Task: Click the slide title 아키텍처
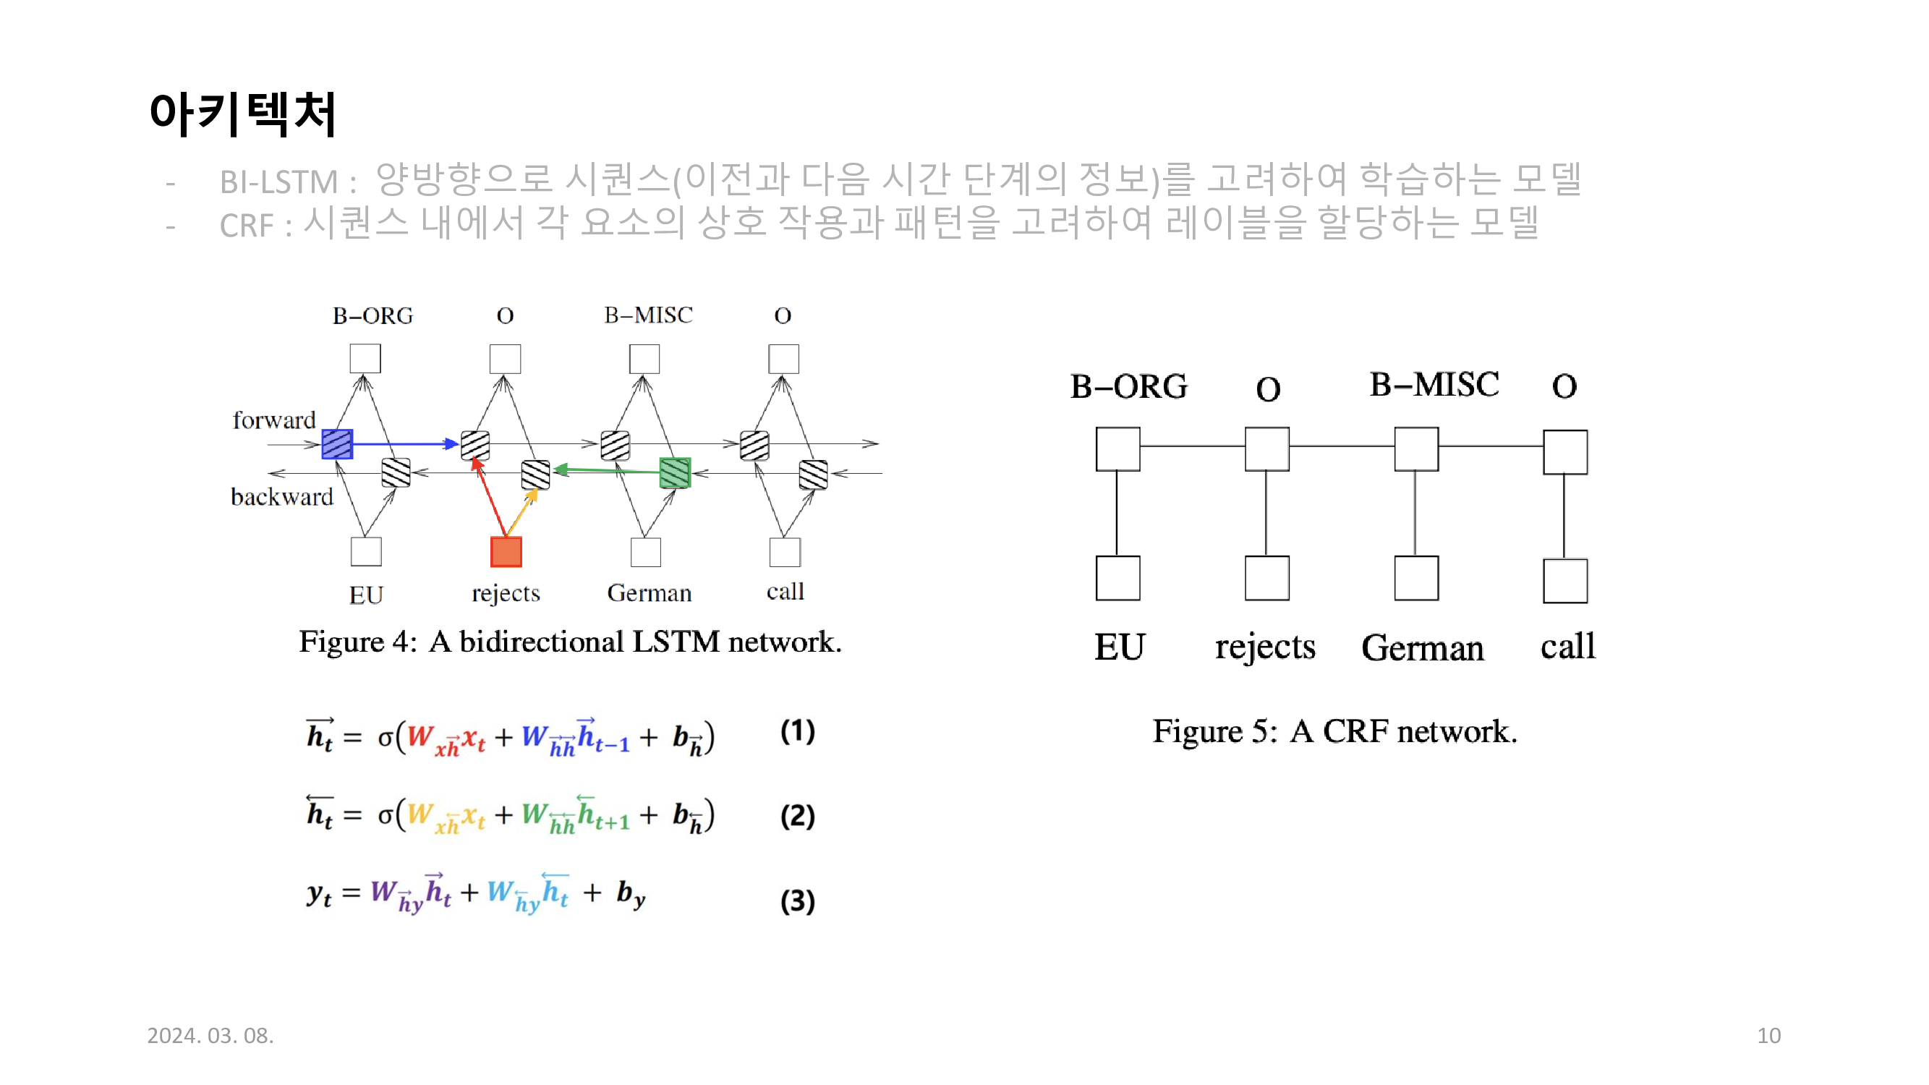pyautogui.click(x=242, y=114)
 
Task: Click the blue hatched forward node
pyautogui.click(x=337, y=444)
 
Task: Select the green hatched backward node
pyautogui.click(x=675, y=472)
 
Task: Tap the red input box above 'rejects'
pyautogui.click(x=506, y=552)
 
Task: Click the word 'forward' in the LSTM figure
pyautogui.click(x=274, y=420)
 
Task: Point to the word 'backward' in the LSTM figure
pyautogui.click(x=281, y=497)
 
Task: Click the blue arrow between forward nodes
pyautogui.click(x=404, y=444)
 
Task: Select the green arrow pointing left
pyautogui.click(x=607, y=470)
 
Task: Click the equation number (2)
pyautogui.click(x=798, y=815)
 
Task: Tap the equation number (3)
pyautogui.click(x=798, y=901)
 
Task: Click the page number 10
pyautogui.click(x=1768, y=1036)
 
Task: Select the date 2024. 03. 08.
pyautogui.click(x=210, y=1036)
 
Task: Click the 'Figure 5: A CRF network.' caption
pyautogui.click(x=1334, y=731)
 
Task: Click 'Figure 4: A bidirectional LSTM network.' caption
pyautogui.click(x=571, y=642)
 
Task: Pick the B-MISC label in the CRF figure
pyautogui.click(x=1434, y=385)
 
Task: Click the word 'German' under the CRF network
pyautogui.click(x=1422, y=647)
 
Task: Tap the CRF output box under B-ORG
pyautogui.click(x=1117, y=449)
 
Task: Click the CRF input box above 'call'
pyautogui.click(x=1565, y=581)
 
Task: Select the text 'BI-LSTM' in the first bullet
pyautogui.click(x=278, y=182)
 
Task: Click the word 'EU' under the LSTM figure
pyautogui.click(x=366, y=595)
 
